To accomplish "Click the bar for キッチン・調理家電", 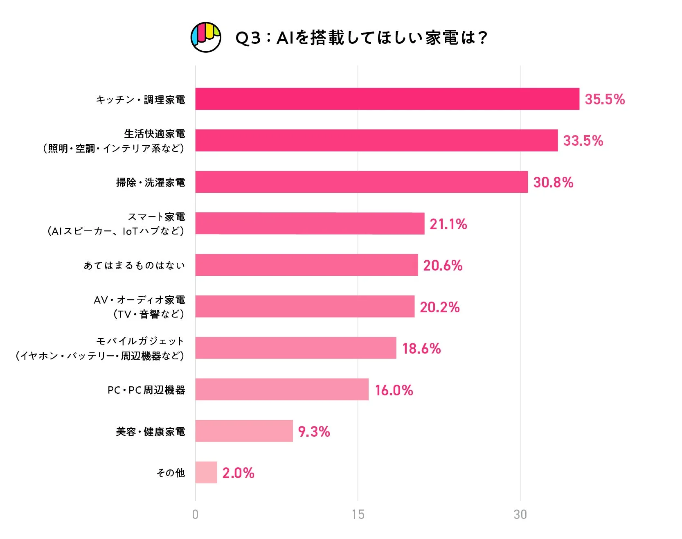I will pyautogui.click(x=387, y=99).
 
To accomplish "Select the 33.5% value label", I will pyautogui.click(x=583, y=141).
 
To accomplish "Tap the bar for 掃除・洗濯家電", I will pyautogui.click(x=361, y=182).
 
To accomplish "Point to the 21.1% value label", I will pyautogui.click(x=448, y=224).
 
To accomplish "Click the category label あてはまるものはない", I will pyautogui.click(x=134, y=266).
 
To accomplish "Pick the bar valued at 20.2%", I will pyautogui.click(x=305, y=307).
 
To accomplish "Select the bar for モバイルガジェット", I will pyautogui.click(x=295, y=348).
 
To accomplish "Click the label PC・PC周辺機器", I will pyautogui.click(x=146, y=390).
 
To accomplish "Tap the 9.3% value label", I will pyautogui.click(x=314, y=432).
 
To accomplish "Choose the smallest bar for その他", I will pyautogui.click(x=206, y=473).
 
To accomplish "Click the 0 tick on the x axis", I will pyautogui.click(x=195, y=514).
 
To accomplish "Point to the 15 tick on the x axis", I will pyautogui.click(x=358, y=514).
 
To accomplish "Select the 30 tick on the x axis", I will pyautogui.click(x=520, y=514).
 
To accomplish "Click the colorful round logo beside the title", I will pyautogui.click(x=206, y=37).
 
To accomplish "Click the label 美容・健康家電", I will pyautogui.click(x=150, y=432).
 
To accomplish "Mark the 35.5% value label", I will pyautogui.click(x=605, y=99).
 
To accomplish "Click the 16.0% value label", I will pyautogui.click(x=394, y=390).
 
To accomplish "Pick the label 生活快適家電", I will pyautogui.click(x=154, y=134).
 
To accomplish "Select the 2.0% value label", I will pyautogui.click(x=238, y=473).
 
